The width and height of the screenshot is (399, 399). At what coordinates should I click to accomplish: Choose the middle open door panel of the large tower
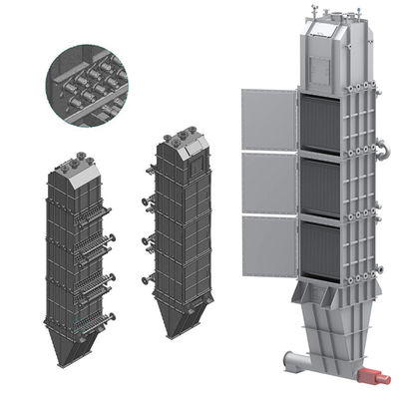(x=269, y=184)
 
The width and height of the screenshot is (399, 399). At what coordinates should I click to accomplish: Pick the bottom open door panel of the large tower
(x=269, y=247)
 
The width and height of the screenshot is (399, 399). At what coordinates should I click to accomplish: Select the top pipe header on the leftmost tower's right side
(x=98, y=211)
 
